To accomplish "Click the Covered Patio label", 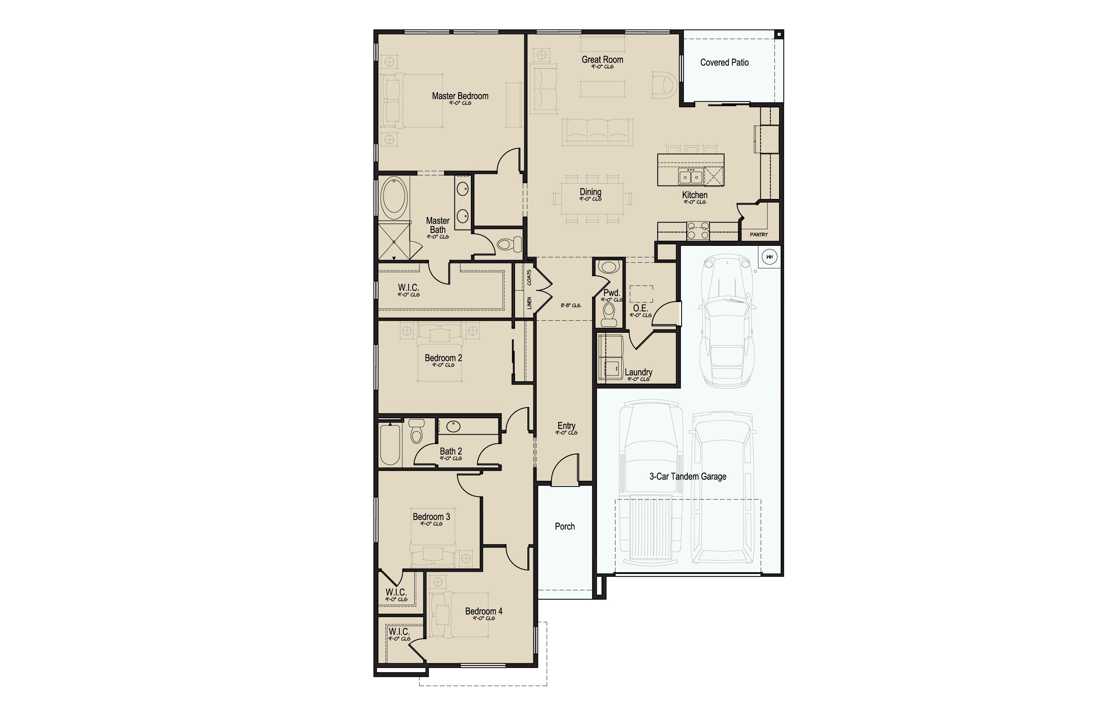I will point(724,63).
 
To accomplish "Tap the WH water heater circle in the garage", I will point(769,257).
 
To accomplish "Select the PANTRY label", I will point(759,235).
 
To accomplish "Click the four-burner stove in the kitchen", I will point(698,230).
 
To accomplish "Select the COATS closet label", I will point(529,277).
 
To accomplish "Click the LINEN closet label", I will point(529,303).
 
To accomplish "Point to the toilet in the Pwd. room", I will point(609,314).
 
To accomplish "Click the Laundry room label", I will point(638,372).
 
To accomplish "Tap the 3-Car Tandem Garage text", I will point(687,477).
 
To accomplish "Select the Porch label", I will point(564,527).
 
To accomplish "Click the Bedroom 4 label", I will point(484,611).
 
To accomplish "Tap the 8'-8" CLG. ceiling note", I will point(571,305).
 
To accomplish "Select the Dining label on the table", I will point(590,192).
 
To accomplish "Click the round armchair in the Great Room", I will point(663,85).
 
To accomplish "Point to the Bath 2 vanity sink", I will point(453,426).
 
